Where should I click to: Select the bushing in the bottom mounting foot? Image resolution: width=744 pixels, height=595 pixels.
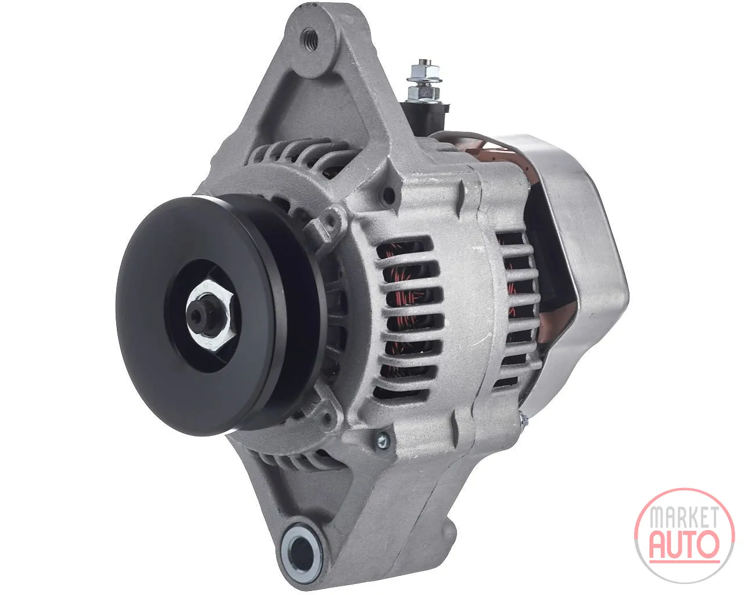click(x=298, y=547)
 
